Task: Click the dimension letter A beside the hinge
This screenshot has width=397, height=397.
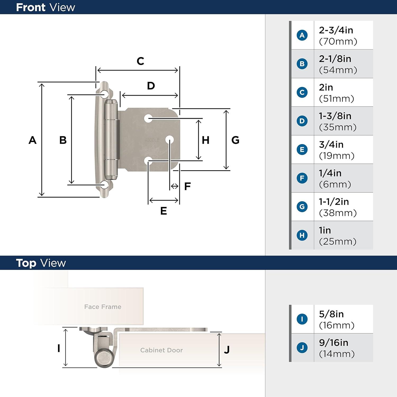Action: tap(32, 140)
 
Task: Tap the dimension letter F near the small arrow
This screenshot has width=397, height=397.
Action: tap(187, 186)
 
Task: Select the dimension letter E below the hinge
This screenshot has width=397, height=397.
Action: tap(164, 211)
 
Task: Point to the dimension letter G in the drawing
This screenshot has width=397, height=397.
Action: tap(235, 140)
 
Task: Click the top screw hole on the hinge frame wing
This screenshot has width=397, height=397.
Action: tap(105, 94)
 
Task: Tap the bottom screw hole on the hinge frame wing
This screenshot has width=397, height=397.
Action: tap(105, 185)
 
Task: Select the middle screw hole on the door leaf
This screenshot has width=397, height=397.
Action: tap(169, 140)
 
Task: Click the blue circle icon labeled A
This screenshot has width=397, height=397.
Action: tap(302, 35)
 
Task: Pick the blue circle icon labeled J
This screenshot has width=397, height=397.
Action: tap(302, 348)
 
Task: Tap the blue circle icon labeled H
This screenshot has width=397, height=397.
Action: tap(302, 235)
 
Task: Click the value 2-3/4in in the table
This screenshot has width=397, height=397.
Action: tap(336, 30)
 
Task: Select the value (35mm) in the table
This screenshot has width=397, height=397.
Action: tap(337, 127)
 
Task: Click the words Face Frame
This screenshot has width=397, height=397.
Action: tap(103, 307)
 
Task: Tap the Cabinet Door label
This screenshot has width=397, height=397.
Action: tap(161, 350)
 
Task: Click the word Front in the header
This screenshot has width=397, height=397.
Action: tap(31, 7)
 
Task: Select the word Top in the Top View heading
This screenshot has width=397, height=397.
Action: tap(26, 263)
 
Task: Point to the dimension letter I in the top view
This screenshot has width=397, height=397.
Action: tap(59, 348)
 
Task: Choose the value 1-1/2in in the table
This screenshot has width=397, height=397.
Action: tap(334, 202)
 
